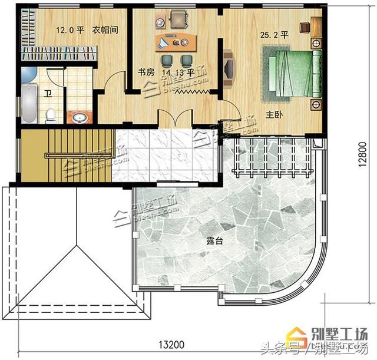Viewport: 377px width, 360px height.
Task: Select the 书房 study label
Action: pos(146,72)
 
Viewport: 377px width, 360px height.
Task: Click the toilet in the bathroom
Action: pos(51,115)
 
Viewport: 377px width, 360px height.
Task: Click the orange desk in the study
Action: pos(176,42)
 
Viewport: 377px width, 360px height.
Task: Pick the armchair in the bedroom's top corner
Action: pos(306,27)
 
